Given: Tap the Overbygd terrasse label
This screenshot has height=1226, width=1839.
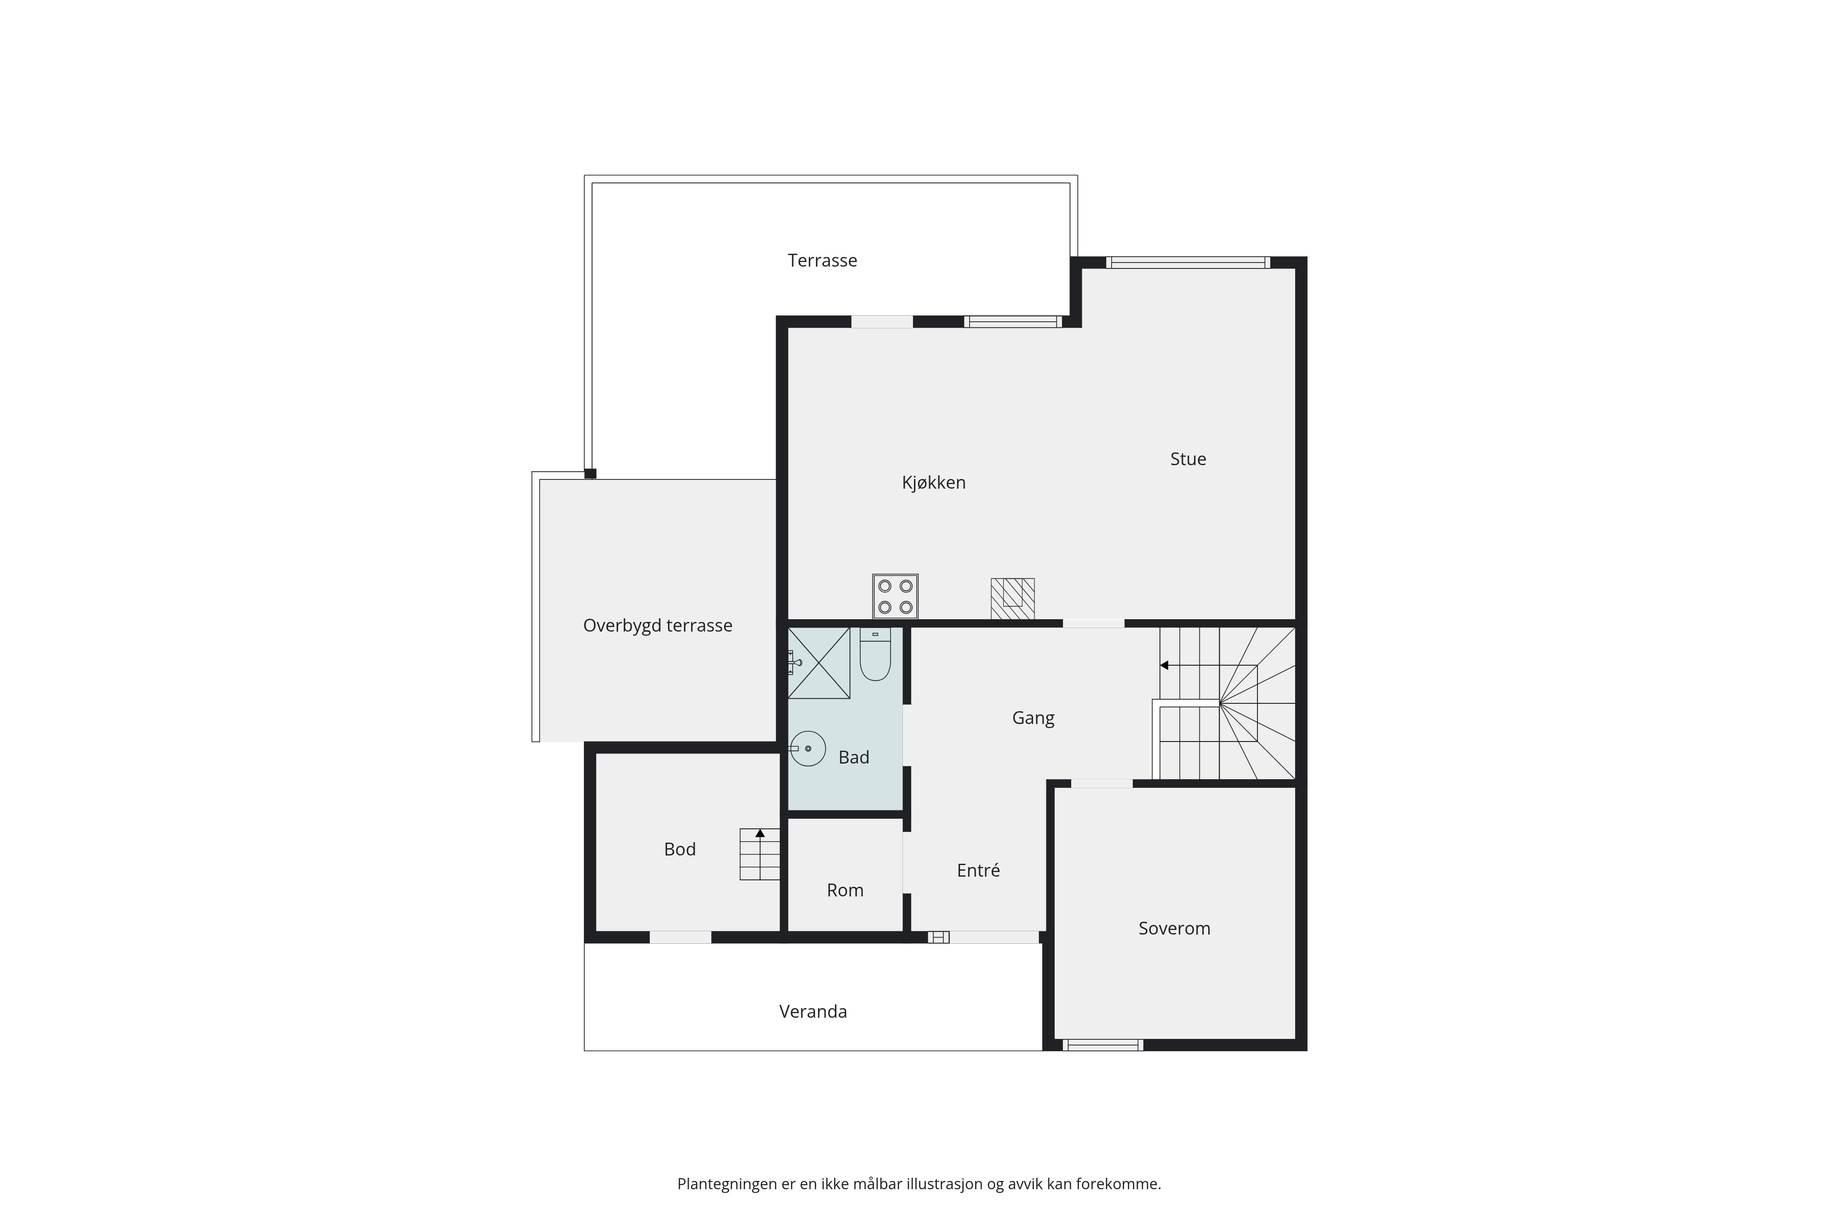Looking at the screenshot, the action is tap(657, 626).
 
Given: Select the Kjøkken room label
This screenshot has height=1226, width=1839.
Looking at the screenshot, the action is tap(934, 482).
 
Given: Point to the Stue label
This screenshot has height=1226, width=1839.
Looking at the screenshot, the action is tap(1188, 459).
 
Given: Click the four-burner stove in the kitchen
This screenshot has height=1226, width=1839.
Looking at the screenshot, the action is tap(895, 597).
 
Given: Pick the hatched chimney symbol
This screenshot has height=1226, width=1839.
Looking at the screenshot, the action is tap(1012, 599).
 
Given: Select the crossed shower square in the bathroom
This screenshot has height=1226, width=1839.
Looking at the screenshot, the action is tap(819, 663).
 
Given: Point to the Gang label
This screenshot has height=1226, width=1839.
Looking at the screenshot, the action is tap(1033, 718).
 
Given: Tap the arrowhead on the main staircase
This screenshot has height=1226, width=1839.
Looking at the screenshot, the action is tap(1164, 665).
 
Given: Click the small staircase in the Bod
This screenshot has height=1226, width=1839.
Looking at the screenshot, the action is tap(760, 854).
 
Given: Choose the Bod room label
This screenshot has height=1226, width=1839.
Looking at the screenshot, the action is tap(680, 849).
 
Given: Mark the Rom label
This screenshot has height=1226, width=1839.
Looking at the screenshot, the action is tap(845, 890).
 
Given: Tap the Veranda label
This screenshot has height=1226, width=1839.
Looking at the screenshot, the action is tap(813, 1012).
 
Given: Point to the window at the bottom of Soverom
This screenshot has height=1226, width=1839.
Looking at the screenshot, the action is tap(1102, 1044).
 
